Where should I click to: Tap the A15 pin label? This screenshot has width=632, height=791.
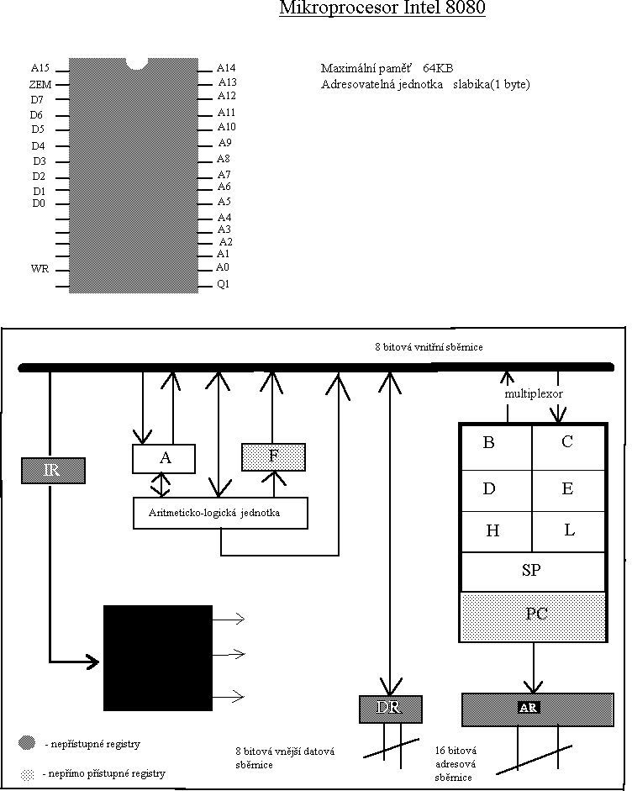pyautogui.click(x=40, y=68)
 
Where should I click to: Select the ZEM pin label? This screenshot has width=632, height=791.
pyautogui.click(x=40, y=85)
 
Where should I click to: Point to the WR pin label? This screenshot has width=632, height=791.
pyautogui.click(x=39, y=269)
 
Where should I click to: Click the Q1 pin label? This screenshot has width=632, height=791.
pyautogui.click(x=224, y=284)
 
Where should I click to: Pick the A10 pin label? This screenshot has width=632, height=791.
pyautogui.click(x=227, y=127)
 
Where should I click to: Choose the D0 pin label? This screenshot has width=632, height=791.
pyautogui.click(x=39, y=203)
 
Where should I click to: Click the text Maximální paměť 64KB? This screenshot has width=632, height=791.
pyautogui.click(x=387, y=68)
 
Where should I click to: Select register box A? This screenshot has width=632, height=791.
pyautogui.click(x=164, y=458)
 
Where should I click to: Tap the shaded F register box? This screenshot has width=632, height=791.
pyautogui.click(x=273, y=456)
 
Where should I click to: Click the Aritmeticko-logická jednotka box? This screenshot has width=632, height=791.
pyautogui.click(x=220, y=513)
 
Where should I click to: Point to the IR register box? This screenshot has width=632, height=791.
pyautogui.click(x=53, y=470)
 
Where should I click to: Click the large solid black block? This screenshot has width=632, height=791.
pyautogui.click(x=158, y=657)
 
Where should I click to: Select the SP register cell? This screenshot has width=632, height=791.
pyautogui.click(x=532, y=571)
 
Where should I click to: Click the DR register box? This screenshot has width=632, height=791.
pyautogui.click(x=390, y=709)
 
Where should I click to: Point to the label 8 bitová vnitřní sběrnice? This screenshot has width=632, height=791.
pyautogui.click(x=429, y=346)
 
